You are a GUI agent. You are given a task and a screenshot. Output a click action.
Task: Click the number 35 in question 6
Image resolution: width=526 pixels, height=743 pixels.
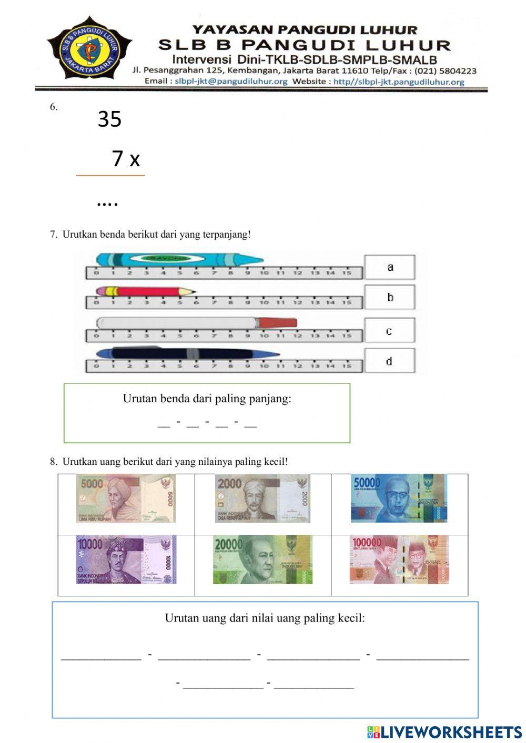(x=109, y=119)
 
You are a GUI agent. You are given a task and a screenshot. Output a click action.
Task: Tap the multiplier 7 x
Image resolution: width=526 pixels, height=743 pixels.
(x=126, y=158)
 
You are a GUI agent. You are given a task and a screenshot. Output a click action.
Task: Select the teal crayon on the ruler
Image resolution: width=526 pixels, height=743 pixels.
(x=179, y=259)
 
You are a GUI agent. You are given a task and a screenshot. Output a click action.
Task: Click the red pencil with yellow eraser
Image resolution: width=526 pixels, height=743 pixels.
(x=145, y=291)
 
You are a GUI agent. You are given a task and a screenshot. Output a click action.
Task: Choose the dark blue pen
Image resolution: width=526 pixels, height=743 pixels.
(x=187, y=353)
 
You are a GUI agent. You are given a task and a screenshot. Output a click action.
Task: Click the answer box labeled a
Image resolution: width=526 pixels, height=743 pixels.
(x=390, y=267)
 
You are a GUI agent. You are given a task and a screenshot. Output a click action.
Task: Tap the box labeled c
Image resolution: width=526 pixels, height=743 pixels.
(x=390, y=331)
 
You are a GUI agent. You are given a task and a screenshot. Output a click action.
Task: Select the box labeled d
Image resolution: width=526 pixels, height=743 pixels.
(x=390, y=361)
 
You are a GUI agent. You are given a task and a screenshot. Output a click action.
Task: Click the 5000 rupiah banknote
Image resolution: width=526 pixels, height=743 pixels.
(x=126, y=498)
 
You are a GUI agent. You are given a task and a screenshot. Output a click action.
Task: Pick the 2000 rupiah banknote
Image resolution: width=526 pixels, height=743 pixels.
(x=262, y=498)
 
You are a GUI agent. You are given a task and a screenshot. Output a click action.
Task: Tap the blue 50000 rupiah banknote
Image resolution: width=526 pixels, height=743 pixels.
(x=399, y=498)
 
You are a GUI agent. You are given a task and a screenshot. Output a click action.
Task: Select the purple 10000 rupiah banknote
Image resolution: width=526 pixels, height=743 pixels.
(x=126, y=559)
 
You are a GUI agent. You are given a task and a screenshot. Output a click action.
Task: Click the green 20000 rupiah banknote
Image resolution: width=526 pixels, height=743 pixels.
(x=262, y=559)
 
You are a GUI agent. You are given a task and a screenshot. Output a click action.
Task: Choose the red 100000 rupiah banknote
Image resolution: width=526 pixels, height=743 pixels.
(x=399, y=559)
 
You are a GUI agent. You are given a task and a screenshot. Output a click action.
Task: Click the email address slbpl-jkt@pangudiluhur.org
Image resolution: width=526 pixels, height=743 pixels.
(x=231, y=82)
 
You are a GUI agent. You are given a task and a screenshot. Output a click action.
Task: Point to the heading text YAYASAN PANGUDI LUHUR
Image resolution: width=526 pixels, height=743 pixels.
(x=305, y=30)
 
